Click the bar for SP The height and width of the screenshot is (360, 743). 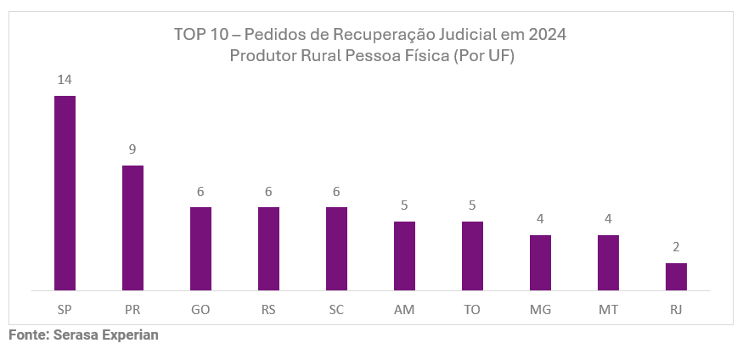65,193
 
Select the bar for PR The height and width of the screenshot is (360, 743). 132,228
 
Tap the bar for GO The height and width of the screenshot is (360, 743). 200,249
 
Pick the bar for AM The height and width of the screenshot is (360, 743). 404,256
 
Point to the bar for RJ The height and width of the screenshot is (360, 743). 676,277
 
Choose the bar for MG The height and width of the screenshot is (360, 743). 540,262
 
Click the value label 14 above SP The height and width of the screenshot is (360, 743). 65,80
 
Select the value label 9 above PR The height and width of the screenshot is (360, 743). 132,149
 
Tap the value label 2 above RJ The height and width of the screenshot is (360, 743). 676,247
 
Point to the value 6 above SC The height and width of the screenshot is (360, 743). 336,192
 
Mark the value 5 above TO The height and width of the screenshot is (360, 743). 472,205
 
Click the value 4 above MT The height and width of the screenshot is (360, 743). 608,219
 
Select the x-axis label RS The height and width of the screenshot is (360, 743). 268,310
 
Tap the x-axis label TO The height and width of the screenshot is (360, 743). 472,310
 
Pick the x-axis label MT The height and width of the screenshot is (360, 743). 608,310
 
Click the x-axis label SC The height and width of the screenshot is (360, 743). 336,310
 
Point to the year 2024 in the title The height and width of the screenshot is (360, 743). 547,35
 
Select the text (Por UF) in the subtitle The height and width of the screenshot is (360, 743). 485,56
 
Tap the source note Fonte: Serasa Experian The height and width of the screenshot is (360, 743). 83,335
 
